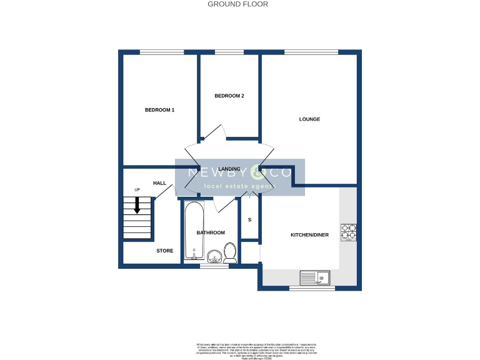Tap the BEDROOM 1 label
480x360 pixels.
pos(159,110)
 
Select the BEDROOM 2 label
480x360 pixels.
pos(229,96)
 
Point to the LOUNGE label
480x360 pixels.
pos(309,119)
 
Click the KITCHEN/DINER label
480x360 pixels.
pos(309,235)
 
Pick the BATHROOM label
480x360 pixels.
pos(211,233)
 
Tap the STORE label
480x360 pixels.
pos(164,251)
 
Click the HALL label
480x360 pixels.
pos(159,183)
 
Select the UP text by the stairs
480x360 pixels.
pos(137,189)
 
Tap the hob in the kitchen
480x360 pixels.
pos(348,232)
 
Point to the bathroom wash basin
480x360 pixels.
pos(214,256)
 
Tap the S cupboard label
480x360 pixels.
pos(250,220)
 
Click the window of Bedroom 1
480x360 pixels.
pos(157,52)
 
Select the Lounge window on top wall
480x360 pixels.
pos(311,52)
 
